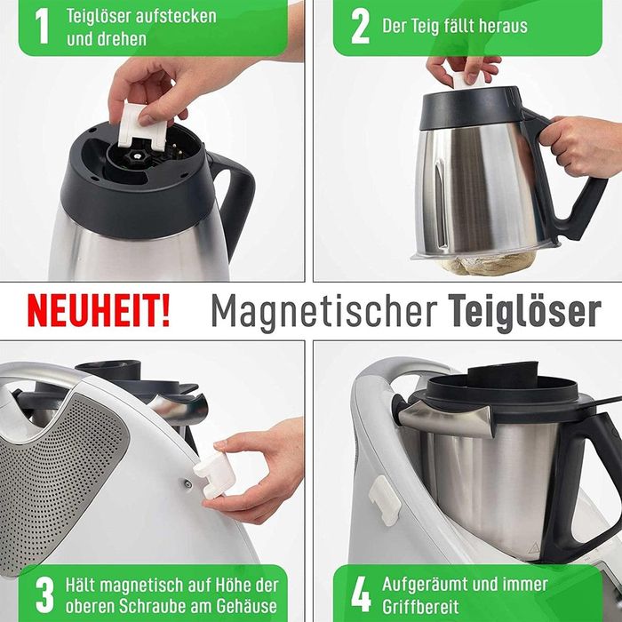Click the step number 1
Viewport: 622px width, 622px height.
pos(41,27)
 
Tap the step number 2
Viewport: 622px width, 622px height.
pos(359,27)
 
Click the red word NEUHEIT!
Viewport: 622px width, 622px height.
pos(98,311)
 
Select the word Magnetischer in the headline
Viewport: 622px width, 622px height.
pos(323,311)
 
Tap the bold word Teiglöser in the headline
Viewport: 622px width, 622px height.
pos(524,311)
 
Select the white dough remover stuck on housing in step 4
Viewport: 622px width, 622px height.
pos(385,499)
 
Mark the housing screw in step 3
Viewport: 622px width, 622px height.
pos(187,484)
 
